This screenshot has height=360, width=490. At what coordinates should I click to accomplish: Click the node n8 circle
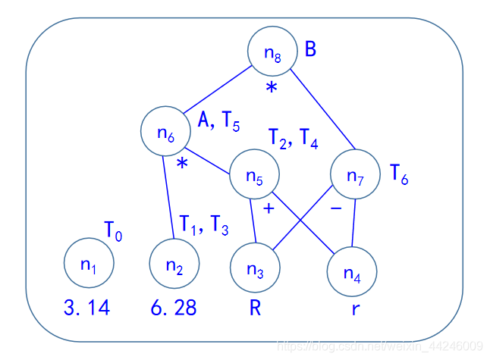272,53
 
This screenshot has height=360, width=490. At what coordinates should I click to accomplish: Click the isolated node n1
89,264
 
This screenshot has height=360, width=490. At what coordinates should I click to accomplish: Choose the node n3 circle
255,270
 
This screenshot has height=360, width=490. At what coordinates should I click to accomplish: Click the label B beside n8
310,50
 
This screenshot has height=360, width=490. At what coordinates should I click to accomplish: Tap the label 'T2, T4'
294,138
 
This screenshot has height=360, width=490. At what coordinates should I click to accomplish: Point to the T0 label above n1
113,230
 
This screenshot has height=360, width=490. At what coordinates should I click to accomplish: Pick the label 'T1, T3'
203,225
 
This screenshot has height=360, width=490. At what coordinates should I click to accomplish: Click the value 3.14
88,308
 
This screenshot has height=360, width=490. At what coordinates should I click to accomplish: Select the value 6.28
174,308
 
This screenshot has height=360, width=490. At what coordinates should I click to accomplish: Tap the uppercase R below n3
255,308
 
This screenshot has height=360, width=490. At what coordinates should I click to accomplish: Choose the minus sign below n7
336,206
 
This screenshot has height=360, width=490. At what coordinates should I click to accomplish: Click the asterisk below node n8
272,88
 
